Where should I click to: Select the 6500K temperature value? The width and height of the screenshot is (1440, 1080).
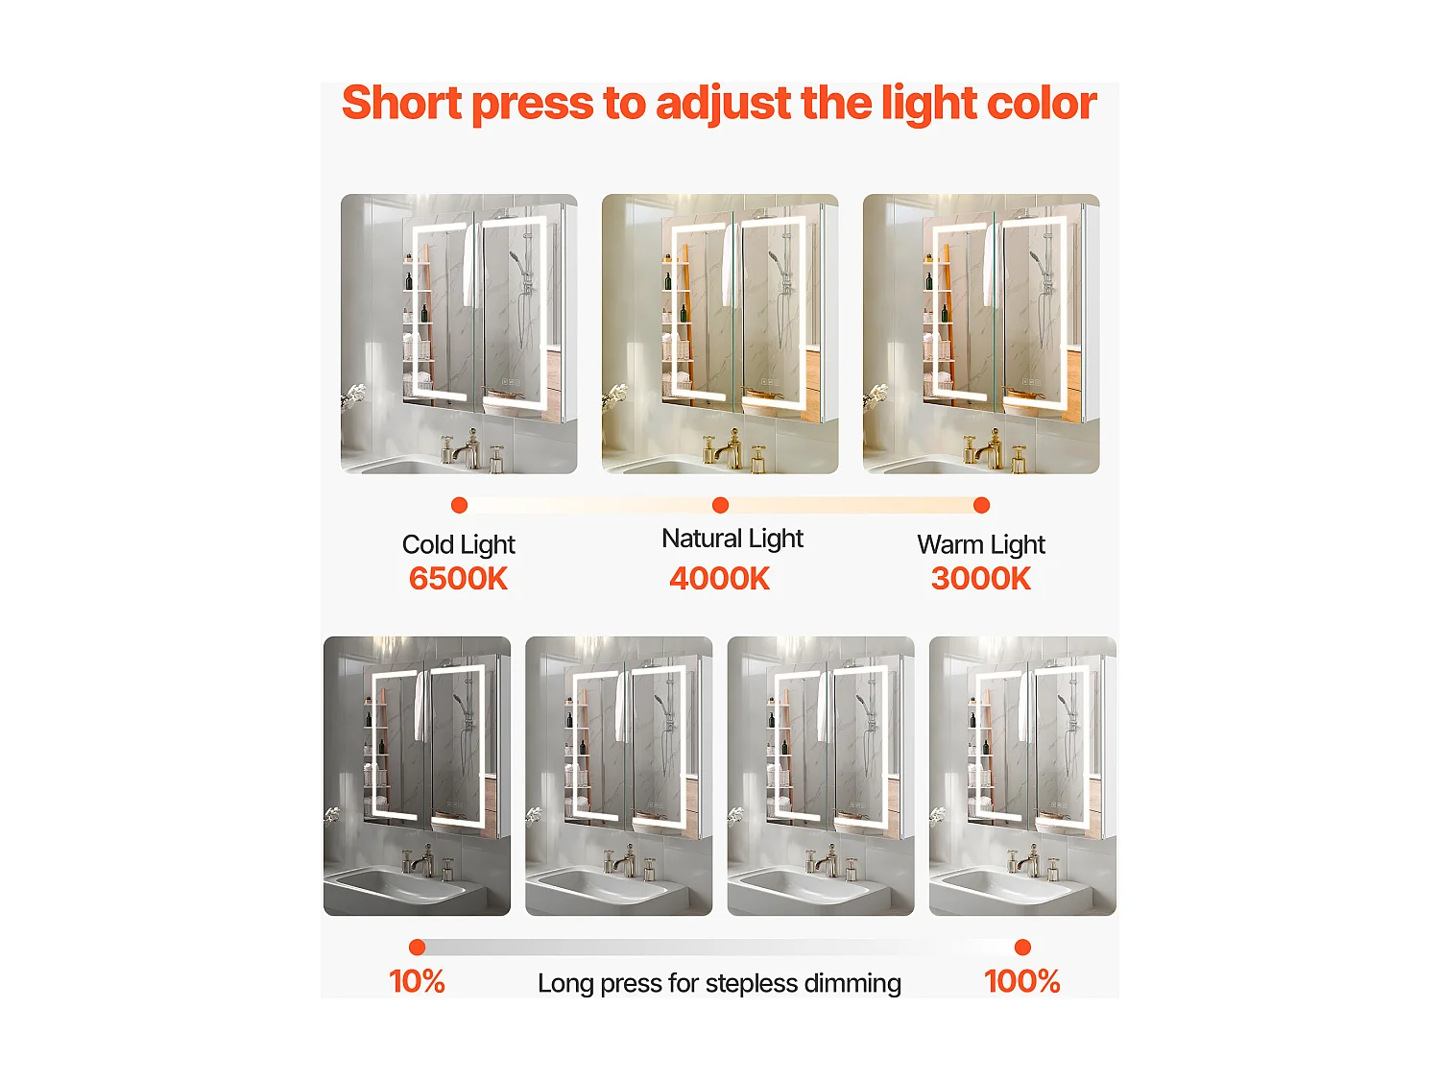pyautogui.click(x=458, y=579)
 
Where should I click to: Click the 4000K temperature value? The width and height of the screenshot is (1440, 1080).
pyautogui.click(x=720, y=579)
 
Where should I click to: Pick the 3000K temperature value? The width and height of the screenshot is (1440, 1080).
pyautogui.click(x=981, y=579)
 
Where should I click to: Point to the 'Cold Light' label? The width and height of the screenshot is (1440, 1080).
pyautogui.click(x=458, y=544)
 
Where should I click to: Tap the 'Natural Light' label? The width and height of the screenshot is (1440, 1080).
pyautogui.click(x=732, y=539)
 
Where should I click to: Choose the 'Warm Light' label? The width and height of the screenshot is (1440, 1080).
pyautogui.click(x=981, y=544)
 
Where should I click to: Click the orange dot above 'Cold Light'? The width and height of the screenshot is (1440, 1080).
pyautogui.click(x=459, y=505)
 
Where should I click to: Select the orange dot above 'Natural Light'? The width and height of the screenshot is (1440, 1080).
pyautogui.click(x=721, y=505)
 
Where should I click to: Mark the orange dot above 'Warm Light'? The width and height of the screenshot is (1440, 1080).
pyautogui.click(x=981, y=505)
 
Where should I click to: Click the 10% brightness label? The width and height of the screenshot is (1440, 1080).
pyautogui.click(x=417, y=981)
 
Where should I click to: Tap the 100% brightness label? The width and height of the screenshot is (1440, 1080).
pyautogui.click(x=1022, y=981)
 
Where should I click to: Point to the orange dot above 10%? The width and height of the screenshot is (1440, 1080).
pyautogui.click(x=417, y=948)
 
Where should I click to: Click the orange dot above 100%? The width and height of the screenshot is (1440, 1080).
pyautogui.click(x=1022, y=948)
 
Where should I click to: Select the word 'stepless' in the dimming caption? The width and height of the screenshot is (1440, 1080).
pyautogui.click(x=752, y=983)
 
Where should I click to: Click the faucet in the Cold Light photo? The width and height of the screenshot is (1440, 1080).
pyautogui.click(x=468, y=447)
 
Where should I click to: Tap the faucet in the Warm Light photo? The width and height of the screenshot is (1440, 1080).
pyautogui.click(x=991, y=447)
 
